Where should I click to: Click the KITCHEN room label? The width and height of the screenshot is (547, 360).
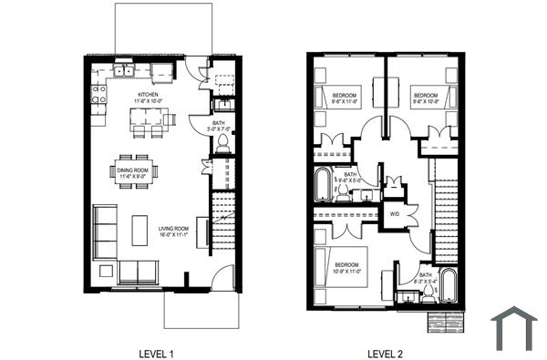click(150, 94)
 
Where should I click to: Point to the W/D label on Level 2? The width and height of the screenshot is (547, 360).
click(395, 214)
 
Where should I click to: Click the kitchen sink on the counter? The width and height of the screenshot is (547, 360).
click(126, 70)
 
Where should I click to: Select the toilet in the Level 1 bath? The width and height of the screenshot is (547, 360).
click(222, 144)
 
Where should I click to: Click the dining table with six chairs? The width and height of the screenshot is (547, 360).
click(135, 171)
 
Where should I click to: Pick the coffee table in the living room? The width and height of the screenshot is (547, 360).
click(139, 230)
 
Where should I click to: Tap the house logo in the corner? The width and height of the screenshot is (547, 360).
click(513, 328)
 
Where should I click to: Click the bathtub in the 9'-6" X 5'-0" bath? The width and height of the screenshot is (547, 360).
click(324, 185)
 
